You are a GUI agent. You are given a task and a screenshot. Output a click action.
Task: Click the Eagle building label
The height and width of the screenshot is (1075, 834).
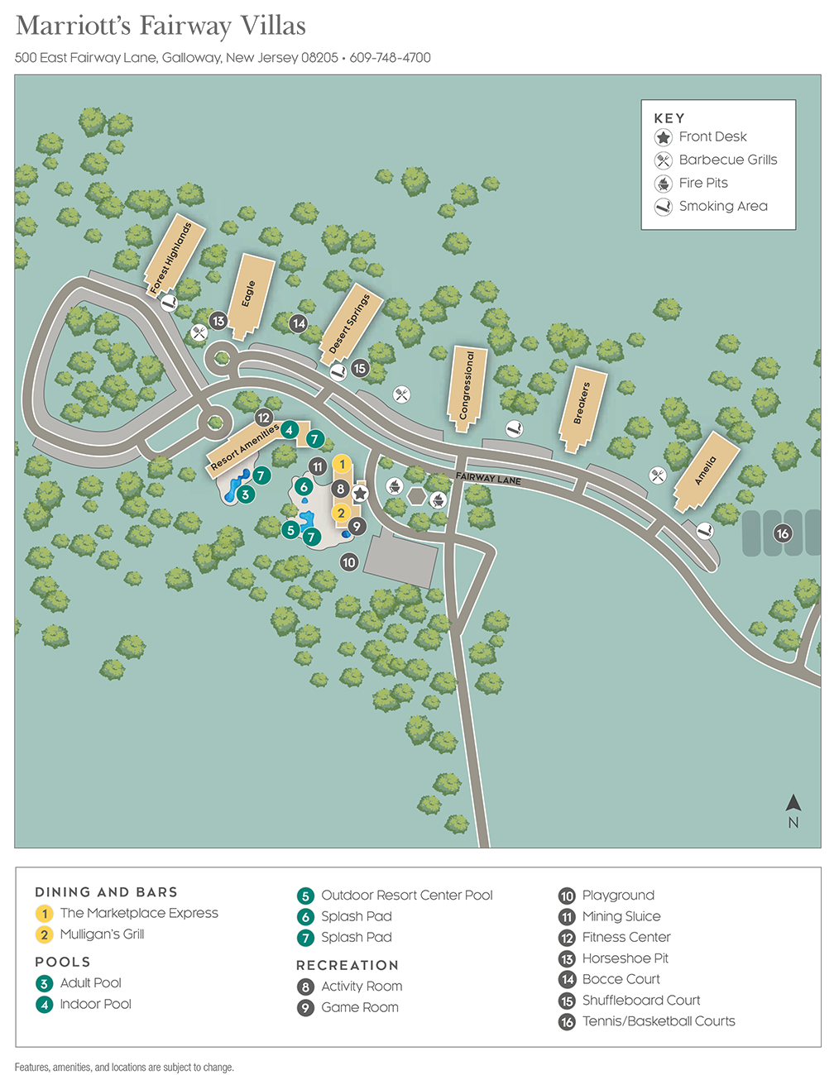[248, 294]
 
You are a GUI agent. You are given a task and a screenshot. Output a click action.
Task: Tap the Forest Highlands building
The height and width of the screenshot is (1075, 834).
[170, 256]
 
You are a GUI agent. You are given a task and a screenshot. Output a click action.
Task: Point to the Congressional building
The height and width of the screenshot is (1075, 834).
[467, 385]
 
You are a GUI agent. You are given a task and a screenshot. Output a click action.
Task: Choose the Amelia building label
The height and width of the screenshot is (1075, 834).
[705, 471]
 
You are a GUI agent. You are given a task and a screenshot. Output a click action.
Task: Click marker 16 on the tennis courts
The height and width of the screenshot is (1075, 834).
[782, 533]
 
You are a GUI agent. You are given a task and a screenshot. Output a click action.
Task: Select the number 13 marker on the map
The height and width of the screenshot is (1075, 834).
[218, 321]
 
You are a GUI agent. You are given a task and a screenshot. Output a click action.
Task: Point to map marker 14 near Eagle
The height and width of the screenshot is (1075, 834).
[299, 324]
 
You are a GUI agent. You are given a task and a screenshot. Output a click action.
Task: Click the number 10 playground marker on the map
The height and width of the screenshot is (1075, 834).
[349, 562]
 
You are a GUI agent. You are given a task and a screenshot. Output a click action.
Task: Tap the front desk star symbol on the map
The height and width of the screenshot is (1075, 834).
[360, 494]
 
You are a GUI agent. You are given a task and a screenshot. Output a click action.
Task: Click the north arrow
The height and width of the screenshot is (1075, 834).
[793, 803]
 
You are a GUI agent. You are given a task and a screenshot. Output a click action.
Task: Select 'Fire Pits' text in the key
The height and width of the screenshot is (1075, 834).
[703, 183]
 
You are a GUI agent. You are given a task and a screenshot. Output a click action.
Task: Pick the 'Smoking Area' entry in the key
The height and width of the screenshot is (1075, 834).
[723, 206]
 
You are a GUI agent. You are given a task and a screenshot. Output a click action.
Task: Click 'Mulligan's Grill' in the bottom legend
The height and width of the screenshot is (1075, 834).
[102, 934]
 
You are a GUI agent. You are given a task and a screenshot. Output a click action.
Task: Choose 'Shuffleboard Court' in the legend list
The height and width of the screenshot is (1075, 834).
[641, 1001]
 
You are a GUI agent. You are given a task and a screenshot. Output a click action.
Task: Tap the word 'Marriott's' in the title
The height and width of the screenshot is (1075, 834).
[73, 26]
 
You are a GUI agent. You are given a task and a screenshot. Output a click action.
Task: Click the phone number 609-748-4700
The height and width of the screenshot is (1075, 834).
[391, 58]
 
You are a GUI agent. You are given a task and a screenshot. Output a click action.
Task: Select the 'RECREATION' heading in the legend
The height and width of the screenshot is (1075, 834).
[347, 965]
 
